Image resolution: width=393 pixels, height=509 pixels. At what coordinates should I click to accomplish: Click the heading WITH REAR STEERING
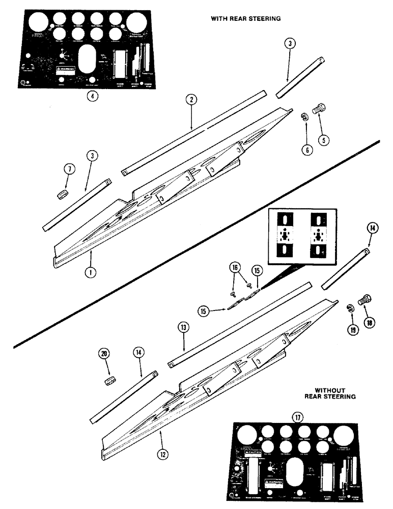pyautogui.click(x=246, y=18)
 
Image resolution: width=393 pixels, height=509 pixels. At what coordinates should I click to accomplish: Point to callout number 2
pyautogui.click(x=191, y=100)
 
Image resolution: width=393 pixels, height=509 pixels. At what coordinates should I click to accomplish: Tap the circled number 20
pyautogui.click(x=105, y=353)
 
